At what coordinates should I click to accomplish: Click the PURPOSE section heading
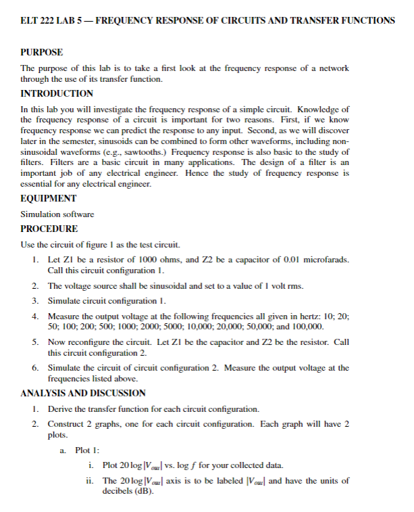(43, 52)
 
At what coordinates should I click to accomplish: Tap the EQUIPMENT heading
(49, 198)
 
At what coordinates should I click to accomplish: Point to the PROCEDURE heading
(50, 229)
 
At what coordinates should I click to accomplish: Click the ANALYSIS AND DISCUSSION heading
(83, 392)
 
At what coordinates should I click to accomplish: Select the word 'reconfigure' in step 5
(90, 342)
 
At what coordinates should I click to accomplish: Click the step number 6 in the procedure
(34, 367)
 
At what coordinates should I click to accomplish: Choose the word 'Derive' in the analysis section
(61, 409)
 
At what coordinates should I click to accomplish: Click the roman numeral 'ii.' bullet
(89, 480)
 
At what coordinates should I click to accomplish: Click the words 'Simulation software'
(57, 214)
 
